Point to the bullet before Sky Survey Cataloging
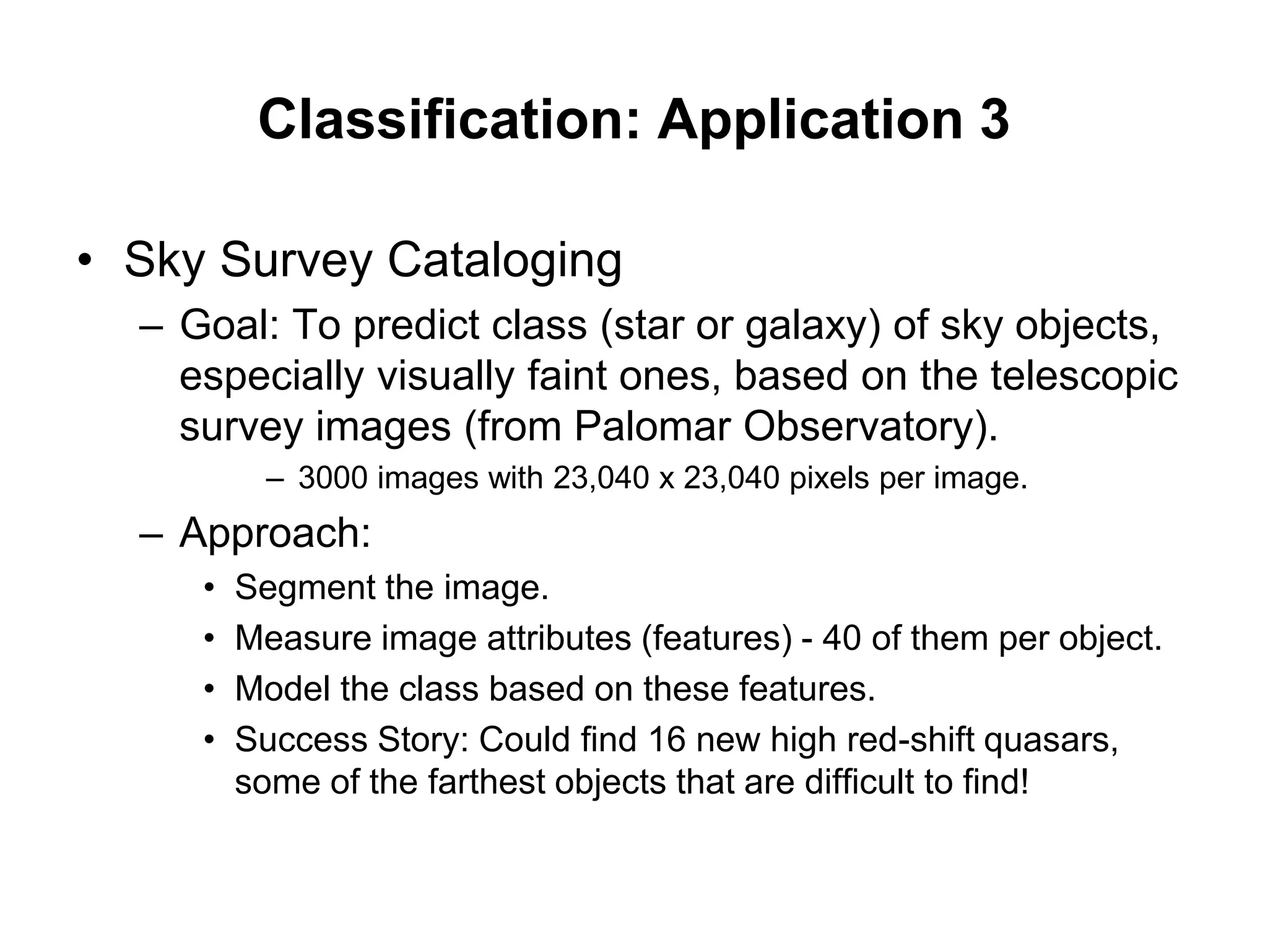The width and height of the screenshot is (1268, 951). pyautogui.click(x=85, y=261)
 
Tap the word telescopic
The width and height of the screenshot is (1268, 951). pyautogui.click(x=1083, y=377)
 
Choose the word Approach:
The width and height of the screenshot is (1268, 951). pyautogui.click(x=275, y=533)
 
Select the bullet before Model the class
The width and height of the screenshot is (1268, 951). pyautogui.click(x=211, y=689)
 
